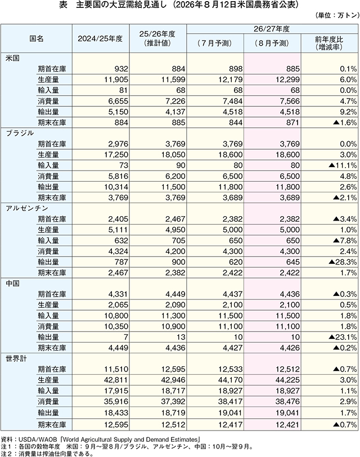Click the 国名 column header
point(37,38)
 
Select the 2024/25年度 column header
point(100,38)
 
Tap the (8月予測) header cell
point(272,43)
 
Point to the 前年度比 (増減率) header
point(329,43)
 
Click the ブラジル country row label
point(20,133)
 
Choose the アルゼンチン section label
point(27,208)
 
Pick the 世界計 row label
point(16,359)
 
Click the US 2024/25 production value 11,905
point(116,79)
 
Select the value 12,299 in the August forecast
point(287,79)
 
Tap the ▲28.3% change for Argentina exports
point(343,262)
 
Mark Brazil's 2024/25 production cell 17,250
point(116,155)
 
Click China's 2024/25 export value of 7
point(126,337)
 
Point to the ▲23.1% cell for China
point(343,337)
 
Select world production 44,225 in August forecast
point(287,380)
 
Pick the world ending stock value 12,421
point(287,425)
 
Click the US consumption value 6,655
point(118,101)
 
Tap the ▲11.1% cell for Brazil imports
point(343,165)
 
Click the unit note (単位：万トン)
point(337,15)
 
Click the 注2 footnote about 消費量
point(47,454)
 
